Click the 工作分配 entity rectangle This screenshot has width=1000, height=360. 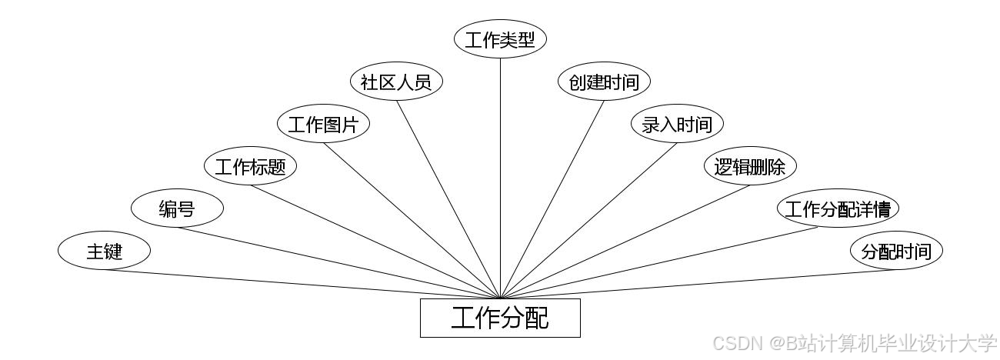[x=500, y=318]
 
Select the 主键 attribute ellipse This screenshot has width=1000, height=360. [x=104, y=251]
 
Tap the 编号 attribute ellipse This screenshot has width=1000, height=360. [x=177, y=208]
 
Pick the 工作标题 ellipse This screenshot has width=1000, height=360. [x=250, y=166]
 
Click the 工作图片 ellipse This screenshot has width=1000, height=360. [x=323, y=125]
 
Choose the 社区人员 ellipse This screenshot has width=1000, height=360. [x=396, y=82]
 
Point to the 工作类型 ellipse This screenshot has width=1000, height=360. [x=500, y=40]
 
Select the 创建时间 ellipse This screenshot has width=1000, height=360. [x=604, y=82]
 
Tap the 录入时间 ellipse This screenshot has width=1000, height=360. [x=677, y=125]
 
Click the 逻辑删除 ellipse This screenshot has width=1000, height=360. [x=750, y=166]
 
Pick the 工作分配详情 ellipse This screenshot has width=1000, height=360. [x=838, y=208]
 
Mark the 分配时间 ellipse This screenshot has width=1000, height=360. [x=896, y=251]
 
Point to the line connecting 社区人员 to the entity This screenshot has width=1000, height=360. [x=448, y=198]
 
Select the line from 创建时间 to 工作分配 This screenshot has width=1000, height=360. [x=552, y=198]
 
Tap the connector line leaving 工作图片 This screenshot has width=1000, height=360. [x=412, y=220]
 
